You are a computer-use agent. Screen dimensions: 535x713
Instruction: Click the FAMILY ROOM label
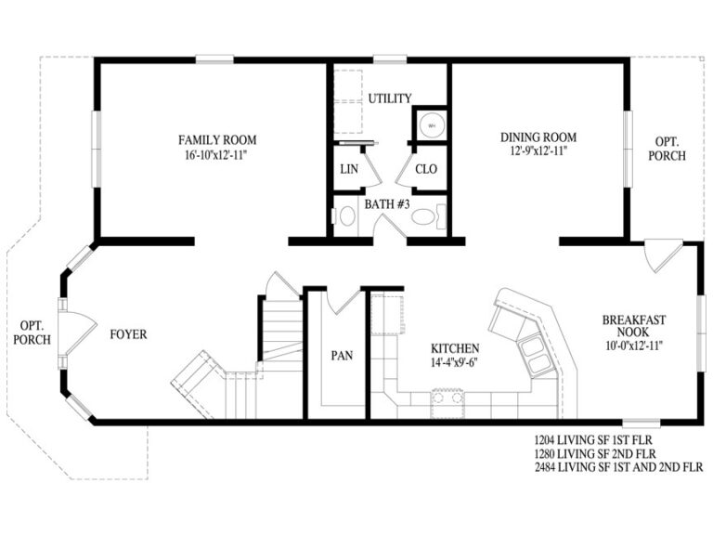[217, 140]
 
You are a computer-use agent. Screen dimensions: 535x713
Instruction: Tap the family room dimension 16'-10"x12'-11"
[217, 155]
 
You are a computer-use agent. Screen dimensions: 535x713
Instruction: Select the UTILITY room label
[390, 98]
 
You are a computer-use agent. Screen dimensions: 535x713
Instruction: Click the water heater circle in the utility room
[431, 124]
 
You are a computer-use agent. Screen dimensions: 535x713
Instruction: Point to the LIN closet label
[349, 169]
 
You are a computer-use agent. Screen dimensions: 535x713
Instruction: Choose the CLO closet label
[426, 169]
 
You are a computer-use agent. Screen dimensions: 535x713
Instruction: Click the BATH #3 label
[388, 203]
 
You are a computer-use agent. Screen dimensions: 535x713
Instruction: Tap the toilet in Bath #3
[425, 217]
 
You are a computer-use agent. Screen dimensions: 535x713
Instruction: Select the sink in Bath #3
[346, 217]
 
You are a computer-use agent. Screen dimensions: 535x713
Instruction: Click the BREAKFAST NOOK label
[634, 326]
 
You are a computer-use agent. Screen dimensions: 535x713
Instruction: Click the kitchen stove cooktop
[445, 399]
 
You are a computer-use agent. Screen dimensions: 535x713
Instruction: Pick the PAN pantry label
[341, 355]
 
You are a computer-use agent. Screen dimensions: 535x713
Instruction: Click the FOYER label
[128, 334]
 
